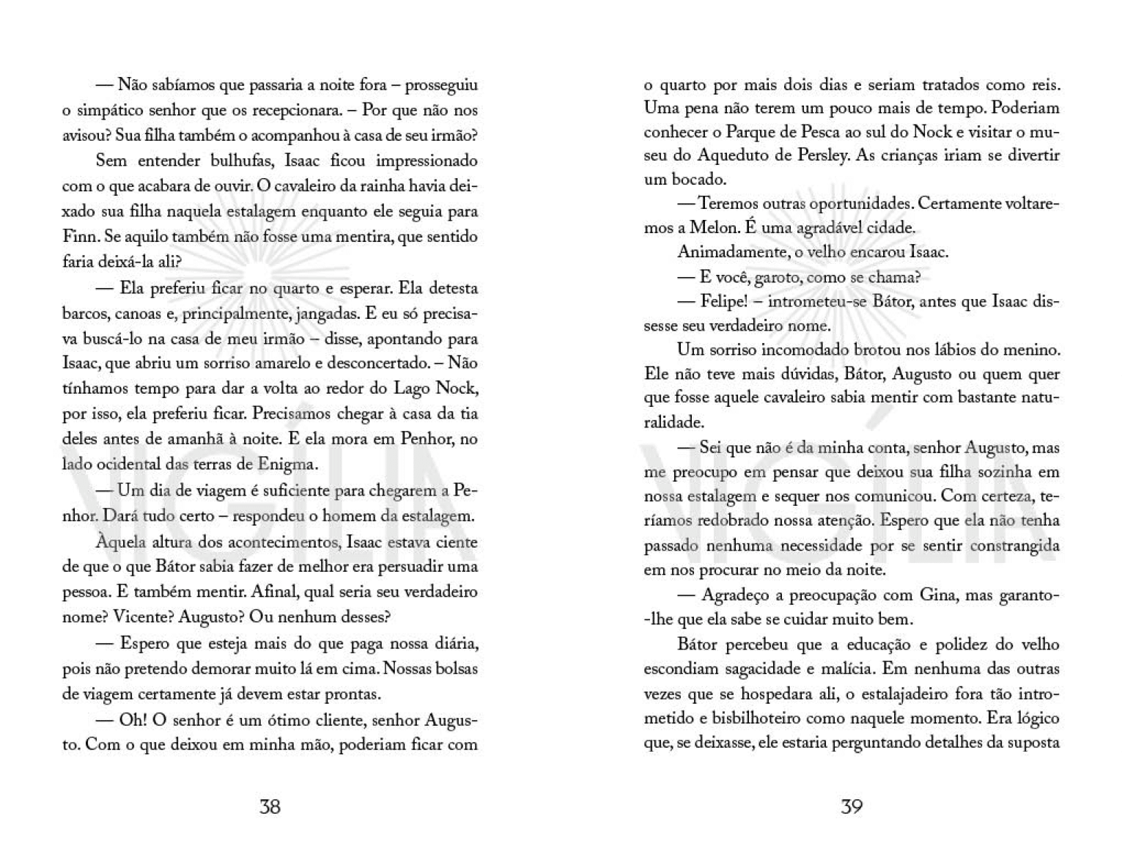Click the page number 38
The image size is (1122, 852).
(x=270, y=807)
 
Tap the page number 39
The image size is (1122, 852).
(x=851, y=807)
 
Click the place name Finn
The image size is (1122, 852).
(x=78, y=237)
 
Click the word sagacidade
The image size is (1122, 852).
(x=701, y=669)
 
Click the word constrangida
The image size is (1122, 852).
(x=1015, y=546)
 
